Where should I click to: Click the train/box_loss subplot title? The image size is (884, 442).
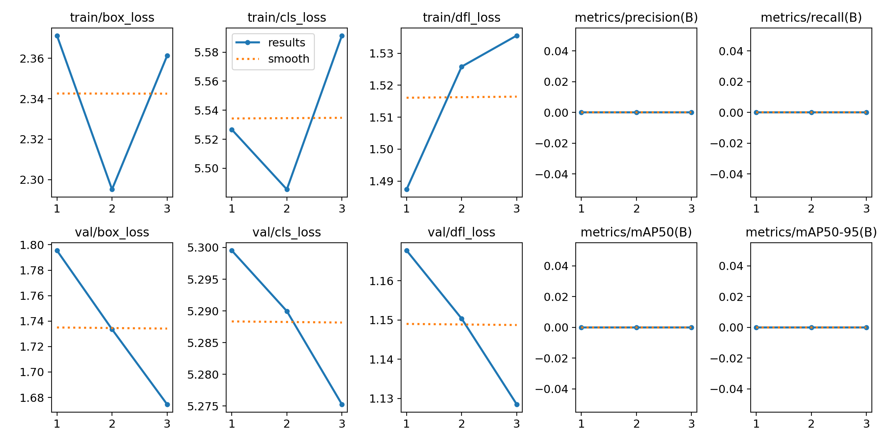[x=112, y=17]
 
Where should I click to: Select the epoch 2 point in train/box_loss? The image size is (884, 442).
[x=112, y=189]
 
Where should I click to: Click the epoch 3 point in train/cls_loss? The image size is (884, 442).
[x=342, y=36]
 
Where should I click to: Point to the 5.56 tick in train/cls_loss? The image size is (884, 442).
[x=207, y=81]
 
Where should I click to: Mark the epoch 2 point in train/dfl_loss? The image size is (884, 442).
[x=462, y=67]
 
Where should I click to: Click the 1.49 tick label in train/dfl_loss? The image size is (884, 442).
[x=381, y=182]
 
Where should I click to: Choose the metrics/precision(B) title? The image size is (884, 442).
[x=636, y=17]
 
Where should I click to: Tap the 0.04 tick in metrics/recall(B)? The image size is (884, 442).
[x=731, y=51]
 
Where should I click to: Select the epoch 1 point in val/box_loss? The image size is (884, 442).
[x=57, y=250]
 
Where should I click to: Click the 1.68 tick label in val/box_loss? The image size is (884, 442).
[x=32, y=398]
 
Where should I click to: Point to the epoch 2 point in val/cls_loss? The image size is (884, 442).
[x=287, y=311]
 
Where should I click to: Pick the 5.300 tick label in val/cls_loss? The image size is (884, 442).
[x=203, y=248]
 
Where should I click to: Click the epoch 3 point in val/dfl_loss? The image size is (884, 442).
[x=517, y=404]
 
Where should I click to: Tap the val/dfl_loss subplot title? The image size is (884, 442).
[x=461, y=232]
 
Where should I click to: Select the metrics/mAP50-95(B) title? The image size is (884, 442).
[x=811, y=232]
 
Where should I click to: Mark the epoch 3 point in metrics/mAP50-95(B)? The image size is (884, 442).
[x=866, y=327]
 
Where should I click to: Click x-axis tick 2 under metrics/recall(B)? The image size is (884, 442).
[x=811, y=209]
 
